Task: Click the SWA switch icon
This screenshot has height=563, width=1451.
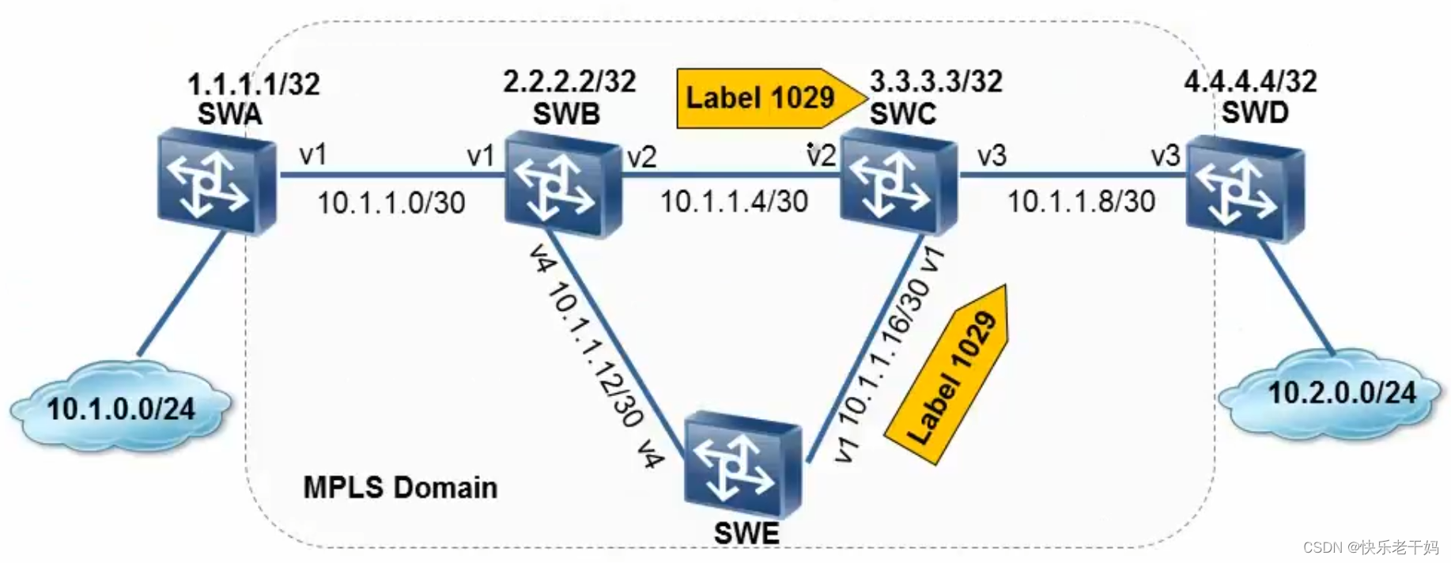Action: coord(216,184)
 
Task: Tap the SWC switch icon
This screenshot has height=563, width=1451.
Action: coord(898,183)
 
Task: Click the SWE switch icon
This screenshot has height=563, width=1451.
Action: coord(743,465)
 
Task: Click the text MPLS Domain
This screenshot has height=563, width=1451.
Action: coord(400,487)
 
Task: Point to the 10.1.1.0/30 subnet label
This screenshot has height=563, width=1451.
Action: coord(391,203)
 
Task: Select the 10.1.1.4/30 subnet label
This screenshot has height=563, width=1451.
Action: coord(734,202)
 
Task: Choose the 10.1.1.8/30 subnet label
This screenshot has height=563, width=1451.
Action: coord(1081,202)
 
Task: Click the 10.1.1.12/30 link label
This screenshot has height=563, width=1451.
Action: coord(595,356)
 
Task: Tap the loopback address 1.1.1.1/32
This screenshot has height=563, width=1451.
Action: coord(254,84)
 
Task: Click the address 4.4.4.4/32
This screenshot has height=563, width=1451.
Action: coord(1250,81)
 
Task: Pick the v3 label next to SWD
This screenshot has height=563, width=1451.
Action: coord(1165,156)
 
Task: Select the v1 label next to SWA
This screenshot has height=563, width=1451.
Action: coord(313,154)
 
